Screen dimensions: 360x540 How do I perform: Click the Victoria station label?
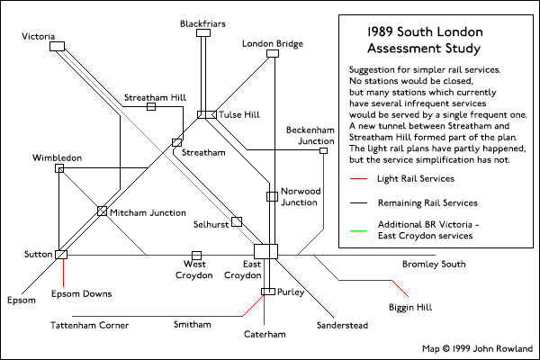tap(40, 35)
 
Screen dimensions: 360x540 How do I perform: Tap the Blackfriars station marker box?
tap(202, 34)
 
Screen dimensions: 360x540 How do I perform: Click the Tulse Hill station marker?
tap(205, 115)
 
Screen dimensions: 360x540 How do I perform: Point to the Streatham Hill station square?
tap(151, 107)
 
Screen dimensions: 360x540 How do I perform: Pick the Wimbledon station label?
tap(57, 157)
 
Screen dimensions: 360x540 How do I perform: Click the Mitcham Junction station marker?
tap(102, 211)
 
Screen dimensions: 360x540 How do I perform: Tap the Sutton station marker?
tap(61, 255)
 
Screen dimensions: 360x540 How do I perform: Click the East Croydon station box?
tap(266, 251)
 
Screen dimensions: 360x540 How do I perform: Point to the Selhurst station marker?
tap(237, 221)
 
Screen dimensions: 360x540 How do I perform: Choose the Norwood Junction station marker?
tap(271, 196)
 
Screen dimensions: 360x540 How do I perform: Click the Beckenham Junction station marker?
tap(323, 150)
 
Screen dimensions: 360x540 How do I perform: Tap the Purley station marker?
tap(266, 291)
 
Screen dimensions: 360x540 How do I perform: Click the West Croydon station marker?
tap(196, 256)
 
